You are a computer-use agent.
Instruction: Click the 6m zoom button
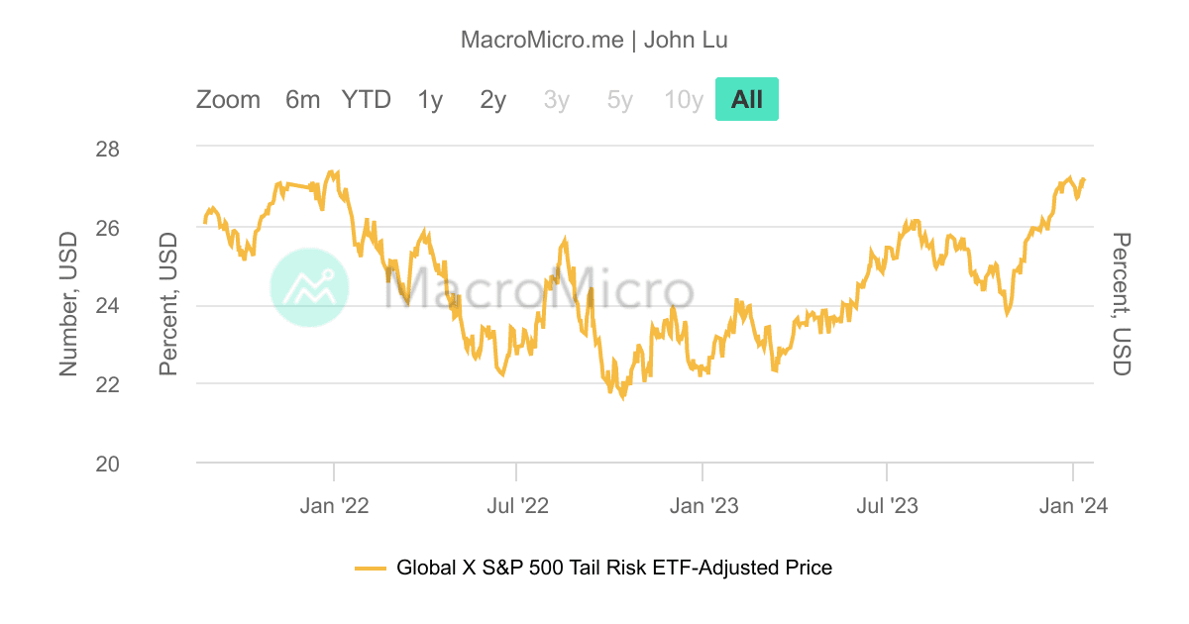tap(302, 100)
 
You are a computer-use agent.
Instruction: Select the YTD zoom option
tap(367, 100)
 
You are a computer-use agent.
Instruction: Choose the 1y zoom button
tap(430, 100)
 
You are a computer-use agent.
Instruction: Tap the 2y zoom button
tap(493, 100)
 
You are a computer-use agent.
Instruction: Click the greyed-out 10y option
tap(684, 100)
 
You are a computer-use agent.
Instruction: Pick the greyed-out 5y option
tap(620, 100)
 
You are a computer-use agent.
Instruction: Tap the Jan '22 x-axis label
tap(335, 506)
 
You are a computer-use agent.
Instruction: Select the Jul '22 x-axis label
tap(517, 506)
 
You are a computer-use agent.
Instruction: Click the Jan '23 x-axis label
tap(703, 506)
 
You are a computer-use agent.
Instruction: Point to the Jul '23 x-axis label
tap(887, 506)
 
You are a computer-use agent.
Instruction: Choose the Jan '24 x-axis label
tap(1073, 506)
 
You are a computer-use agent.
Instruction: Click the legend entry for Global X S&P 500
tap(594, 568)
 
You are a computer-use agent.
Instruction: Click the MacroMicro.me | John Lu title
tap(594, 40)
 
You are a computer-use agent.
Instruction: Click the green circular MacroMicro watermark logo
tap(309, 286)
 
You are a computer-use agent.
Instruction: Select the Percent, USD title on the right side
tap(1121, 304)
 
